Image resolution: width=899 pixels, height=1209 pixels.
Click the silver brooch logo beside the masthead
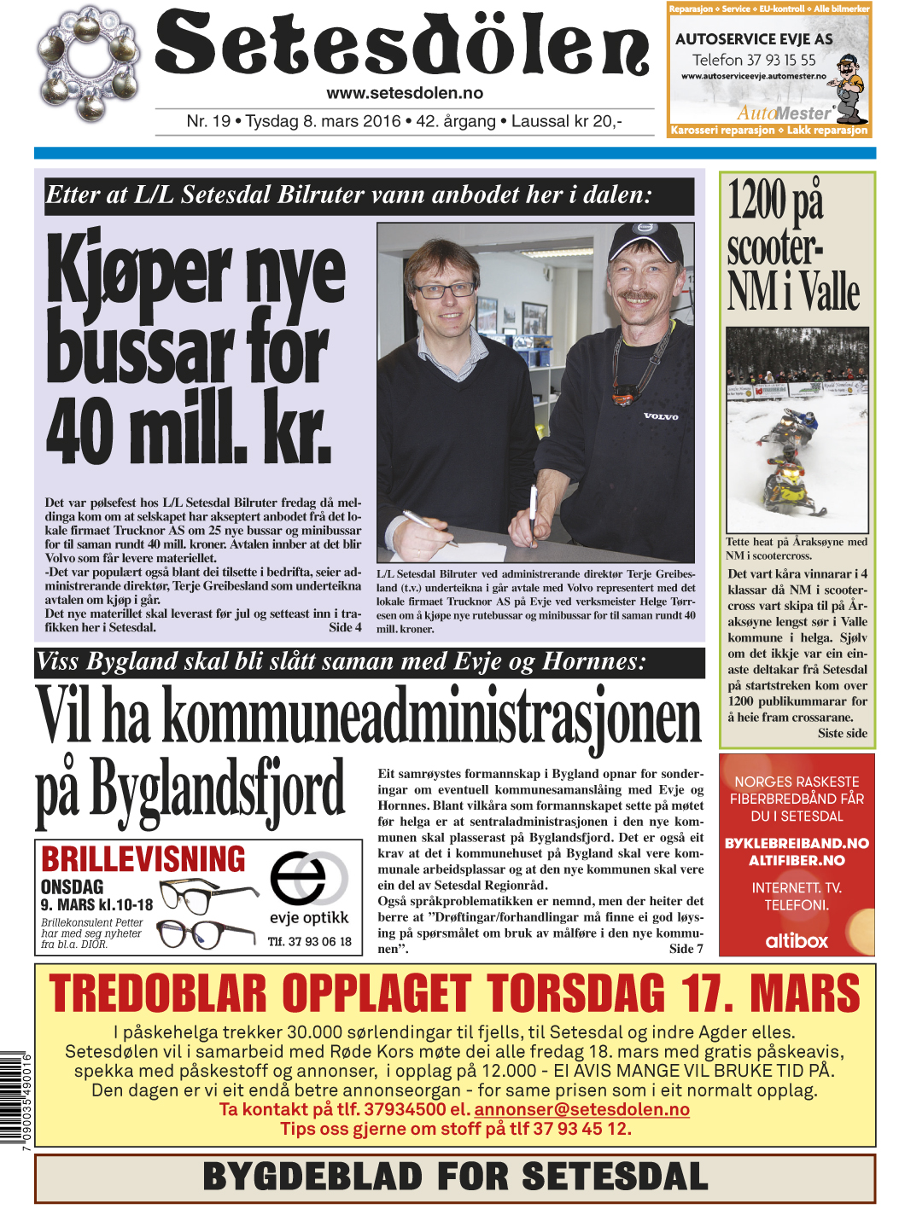(x=84, y=65)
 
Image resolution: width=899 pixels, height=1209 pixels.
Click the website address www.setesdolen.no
(x=405, y=93)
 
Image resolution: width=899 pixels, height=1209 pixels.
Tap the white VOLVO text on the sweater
(x=661, y=416)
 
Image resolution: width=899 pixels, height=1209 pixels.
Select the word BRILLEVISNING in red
(x=143, y=859)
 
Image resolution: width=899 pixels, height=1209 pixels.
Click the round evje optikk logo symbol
(x=308, y=878)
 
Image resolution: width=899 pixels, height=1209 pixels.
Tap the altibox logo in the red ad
(x=797, y=940)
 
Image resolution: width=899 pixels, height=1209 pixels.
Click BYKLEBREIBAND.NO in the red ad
(x=797, y=843)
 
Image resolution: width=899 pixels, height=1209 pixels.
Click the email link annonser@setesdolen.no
(x=581, y=1109)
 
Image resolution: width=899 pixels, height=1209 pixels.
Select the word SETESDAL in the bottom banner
(x=615, y=1177)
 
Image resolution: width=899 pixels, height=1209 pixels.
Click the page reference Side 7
(x=686, y=949)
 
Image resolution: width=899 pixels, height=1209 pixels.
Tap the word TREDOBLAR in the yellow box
(x=158, y=994)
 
